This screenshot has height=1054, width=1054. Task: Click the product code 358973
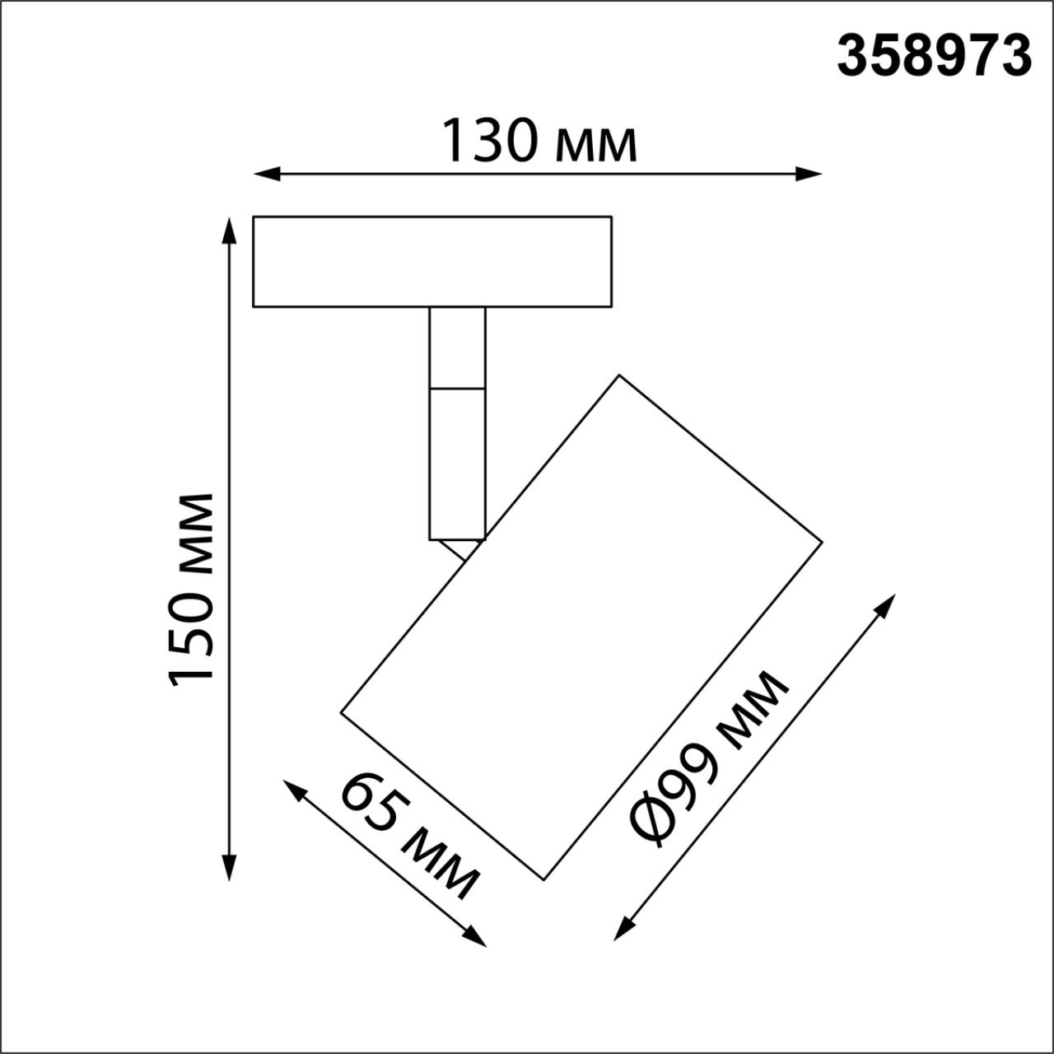[x=934, y=56]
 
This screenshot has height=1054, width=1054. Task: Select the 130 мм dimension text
[x=539, y=141]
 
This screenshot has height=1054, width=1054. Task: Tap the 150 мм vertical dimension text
[x=192, y=587]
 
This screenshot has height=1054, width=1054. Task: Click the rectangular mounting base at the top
[x=431, y=262]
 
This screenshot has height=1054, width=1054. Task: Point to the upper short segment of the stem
[x=457, y=347]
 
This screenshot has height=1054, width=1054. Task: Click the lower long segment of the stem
[x=457, y=463]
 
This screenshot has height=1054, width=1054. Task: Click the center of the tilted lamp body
[x=581, y=627]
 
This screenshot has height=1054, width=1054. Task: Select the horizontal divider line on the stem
[x=457, y=387]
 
